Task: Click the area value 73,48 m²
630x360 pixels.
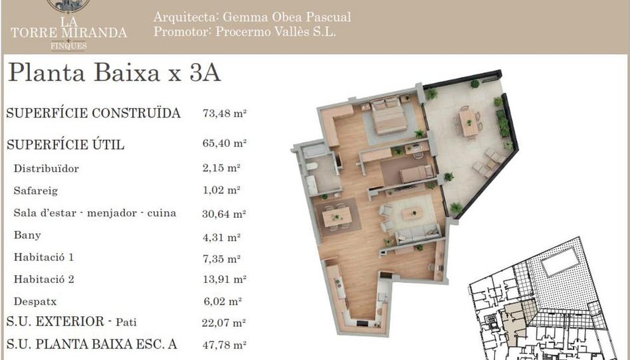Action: click(x=224, y=114)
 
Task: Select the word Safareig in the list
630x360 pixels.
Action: click(x=35, y=191)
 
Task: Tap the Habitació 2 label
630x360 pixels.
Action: click(x=44, y=279)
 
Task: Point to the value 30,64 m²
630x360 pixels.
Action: click(x=224, y=214)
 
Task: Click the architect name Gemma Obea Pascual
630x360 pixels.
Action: click(x=286, y=17)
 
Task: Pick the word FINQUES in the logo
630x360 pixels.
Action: click(x=68, y=46)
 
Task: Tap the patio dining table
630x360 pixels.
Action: click(x=468, y=122)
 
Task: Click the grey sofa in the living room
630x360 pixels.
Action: click(x=417, y=234)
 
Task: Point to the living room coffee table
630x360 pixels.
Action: click(x=413, y=213)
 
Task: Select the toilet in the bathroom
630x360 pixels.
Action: click(x=311, y=167)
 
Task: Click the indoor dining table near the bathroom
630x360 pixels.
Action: click(x=337, y=217)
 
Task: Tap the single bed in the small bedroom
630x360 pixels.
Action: click(x=416, y=173)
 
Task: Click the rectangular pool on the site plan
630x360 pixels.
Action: click(x=560, y=261)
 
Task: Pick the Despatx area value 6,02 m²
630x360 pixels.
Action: click(x=223, y=301)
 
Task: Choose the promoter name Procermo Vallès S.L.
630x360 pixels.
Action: click(x=276, y=31)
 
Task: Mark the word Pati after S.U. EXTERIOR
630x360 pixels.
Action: click(x=126, y=322)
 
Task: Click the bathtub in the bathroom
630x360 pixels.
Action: click(x=314, y=150)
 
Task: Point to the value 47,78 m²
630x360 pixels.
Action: click(x=224, y=345)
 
